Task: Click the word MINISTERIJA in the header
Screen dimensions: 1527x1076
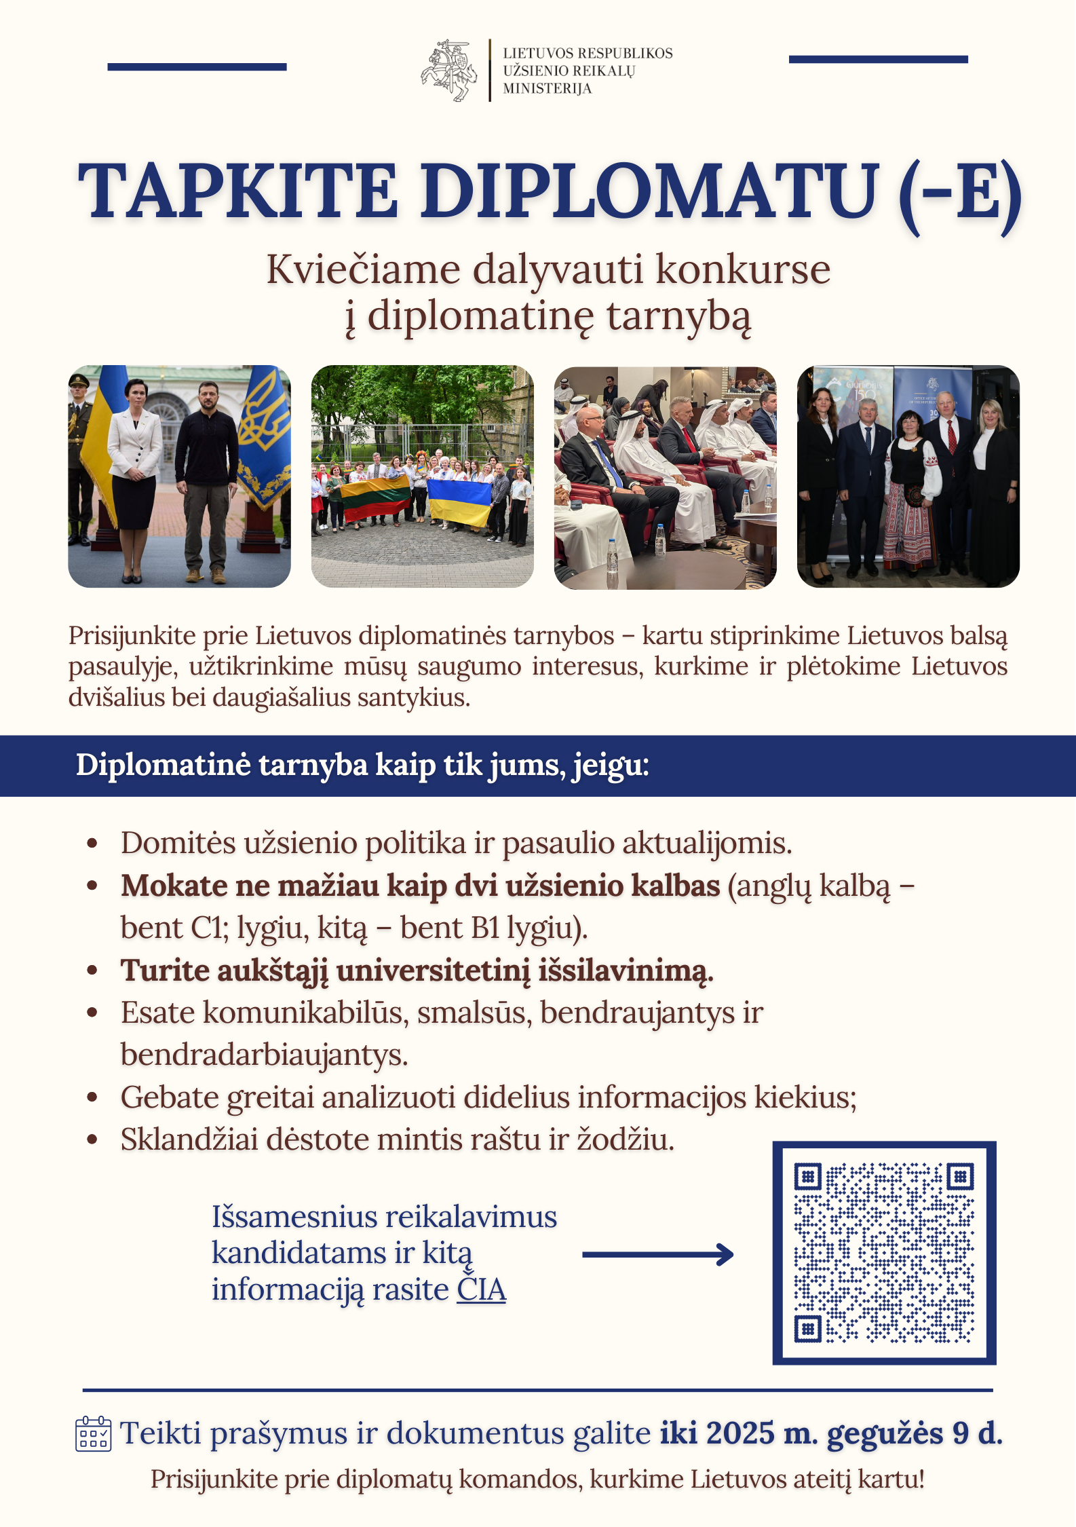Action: tap(547, 89)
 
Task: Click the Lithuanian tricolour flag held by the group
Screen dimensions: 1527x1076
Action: tap(375, 497)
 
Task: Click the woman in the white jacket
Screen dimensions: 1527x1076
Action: tap(136, 468)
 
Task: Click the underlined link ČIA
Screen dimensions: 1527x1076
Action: tap(481, 1290)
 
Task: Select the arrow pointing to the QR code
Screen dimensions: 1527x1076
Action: tap(657, 1254)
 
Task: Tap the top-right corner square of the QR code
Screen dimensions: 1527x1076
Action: tap(960, 1176)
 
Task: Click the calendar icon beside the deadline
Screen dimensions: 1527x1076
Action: tap(93, 1434)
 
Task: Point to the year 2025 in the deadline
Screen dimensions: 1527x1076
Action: tap(740, 1433)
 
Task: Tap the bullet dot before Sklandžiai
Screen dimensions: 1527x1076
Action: tap(93, 1139)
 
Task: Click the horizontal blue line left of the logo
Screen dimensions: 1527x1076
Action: tap(197, 67)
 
